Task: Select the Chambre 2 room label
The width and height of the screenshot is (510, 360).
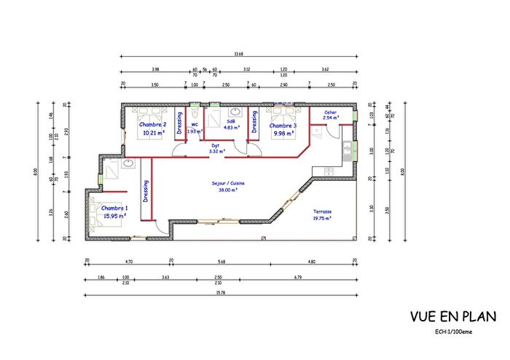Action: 154,125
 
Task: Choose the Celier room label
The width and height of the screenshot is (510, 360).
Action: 330,112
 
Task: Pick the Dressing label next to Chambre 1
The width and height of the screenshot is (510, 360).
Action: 146,197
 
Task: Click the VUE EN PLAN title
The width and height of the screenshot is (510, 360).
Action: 452,317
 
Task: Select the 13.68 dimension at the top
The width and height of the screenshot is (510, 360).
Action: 238,53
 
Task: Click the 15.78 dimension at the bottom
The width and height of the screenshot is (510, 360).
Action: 220,294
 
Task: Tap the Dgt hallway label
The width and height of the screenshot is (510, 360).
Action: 216,145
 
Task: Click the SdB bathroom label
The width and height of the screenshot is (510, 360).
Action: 231,121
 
